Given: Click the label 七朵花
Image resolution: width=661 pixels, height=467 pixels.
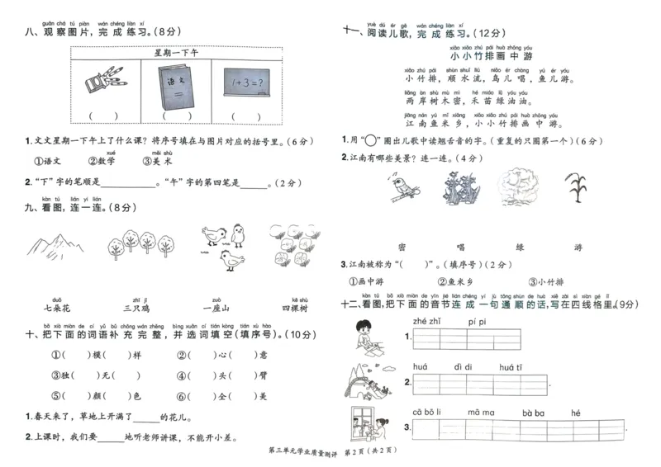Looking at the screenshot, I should click(56, 308).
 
